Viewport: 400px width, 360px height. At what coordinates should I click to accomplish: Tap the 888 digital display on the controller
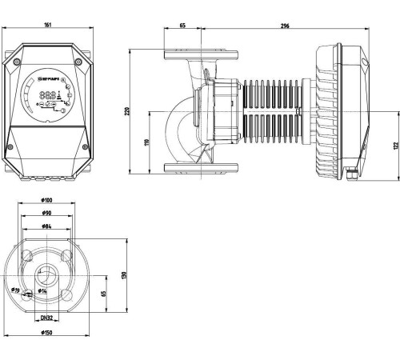point(46,94)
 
